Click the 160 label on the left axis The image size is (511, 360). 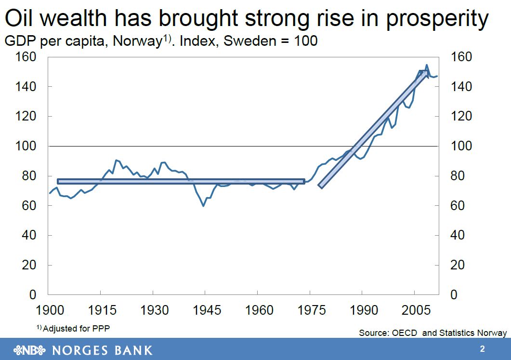coord(26,57)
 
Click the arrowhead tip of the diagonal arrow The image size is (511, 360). coord(427,72)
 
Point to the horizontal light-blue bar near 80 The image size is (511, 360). coord(181,181)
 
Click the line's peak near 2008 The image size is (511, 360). coord(427,65)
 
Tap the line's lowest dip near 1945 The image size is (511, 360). coord(204,206)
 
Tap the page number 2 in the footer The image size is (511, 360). coord(482,349)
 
